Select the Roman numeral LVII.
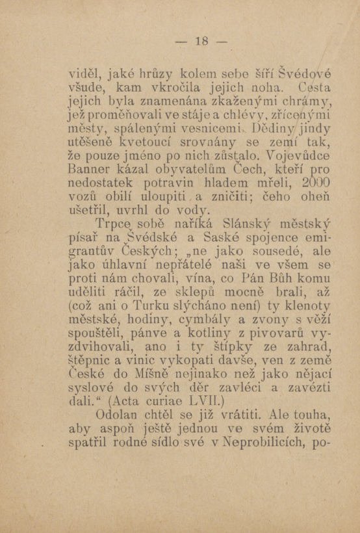207,398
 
